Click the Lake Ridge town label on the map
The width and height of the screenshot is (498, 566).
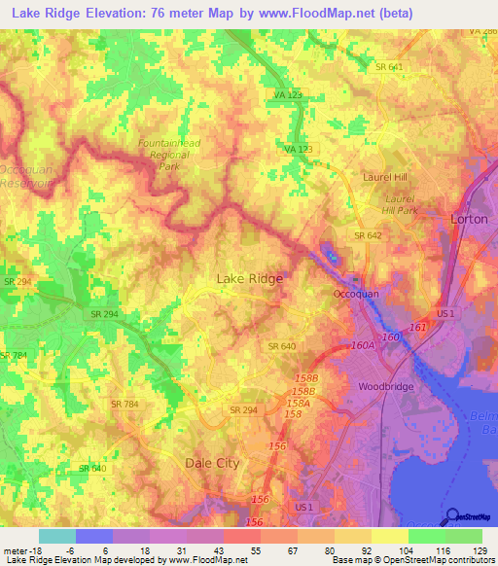(x=249, y=279)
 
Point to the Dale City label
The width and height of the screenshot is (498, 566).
(x=212, y=464)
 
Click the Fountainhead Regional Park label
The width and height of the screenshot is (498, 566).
(x=168, y=155)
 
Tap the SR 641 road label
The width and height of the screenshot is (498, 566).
(x=388, y=66)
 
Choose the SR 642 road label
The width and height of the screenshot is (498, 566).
(x=367, y=235)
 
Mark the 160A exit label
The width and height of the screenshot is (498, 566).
(x=363, y=343)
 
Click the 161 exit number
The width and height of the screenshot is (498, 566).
(x=417, y=329)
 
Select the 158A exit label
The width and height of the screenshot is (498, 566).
(x=298, y=402)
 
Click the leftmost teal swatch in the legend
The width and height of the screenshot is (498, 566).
(x=56, y=536)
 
